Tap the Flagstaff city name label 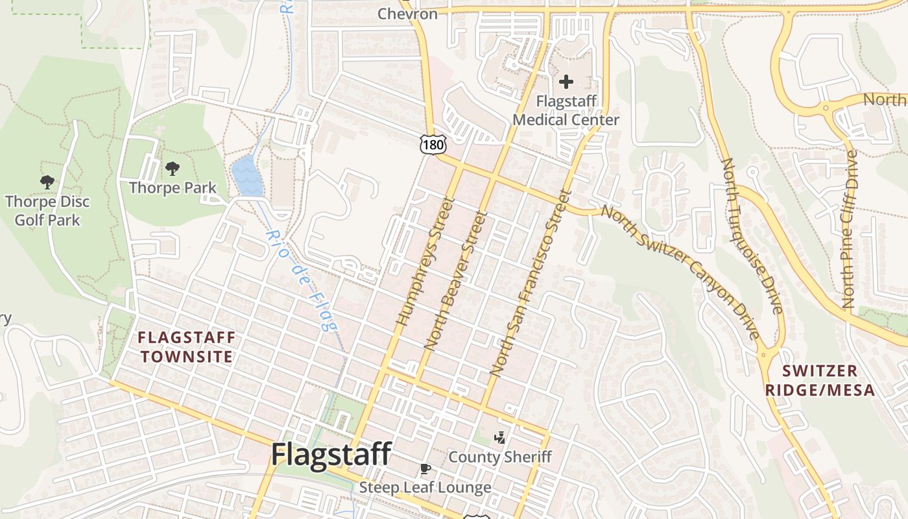(x=331, y=453)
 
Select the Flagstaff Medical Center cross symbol (x=566, y=82)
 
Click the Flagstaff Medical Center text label (x=566, y=111)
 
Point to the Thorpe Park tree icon (x=172, y=169)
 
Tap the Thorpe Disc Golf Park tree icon (x=47, y=182)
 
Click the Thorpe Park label (x=173, y=188)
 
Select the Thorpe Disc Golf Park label (x=47, y=211)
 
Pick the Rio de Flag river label (x=302, y=280)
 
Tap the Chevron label (x=407, y=13)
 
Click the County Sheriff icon (x=499, y=438)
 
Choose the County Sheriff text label (x=500, y=457)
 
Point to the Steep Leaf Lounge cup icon (x=425, y=468)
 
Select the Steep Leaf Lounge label (x=425, y=487)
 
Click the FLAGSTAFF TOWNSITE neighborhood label (x=187, y=347)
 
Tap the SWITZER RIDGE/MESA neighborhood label (x=820, y=380)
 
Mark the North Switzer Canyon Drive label (x=680, y=272)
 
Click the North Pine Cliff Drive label (x=849, y=229)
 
